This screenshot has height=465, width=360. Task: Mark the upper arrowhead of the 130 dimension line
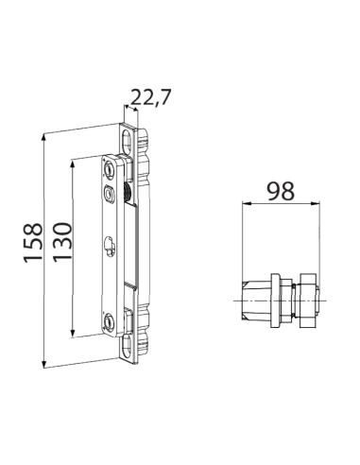point(72,162)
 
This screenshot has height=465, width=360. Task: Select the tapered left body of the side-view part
point(255,300)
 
